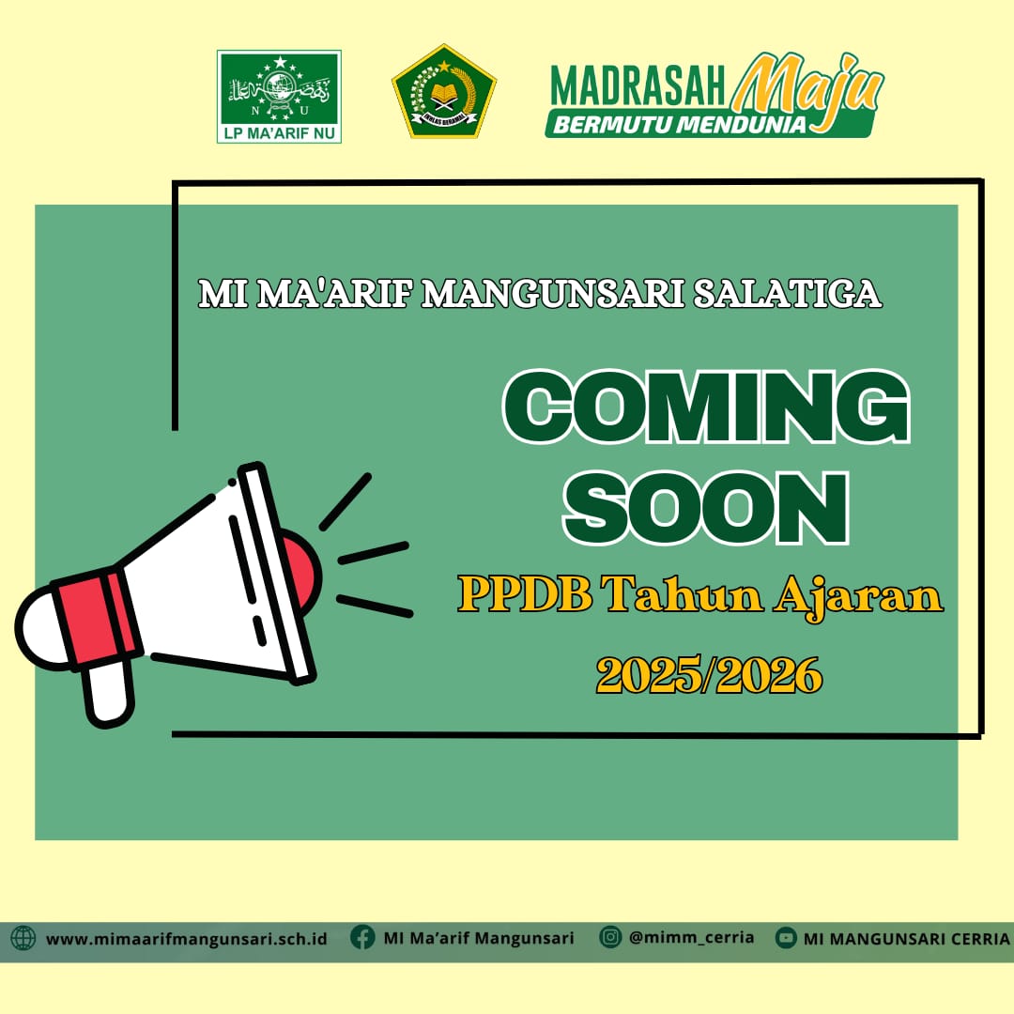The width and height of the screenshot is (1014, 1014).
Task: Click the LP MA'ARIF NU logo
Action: [x=279, y=96]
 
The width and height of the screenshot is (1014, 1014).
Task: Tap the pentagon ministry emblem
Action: [x=443, y=92]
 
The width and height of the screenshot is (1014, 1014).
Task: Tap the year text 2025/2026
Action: [x=710, y=673]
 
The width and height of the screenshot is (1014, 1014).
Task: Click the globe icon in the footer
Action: [x=23, y=938]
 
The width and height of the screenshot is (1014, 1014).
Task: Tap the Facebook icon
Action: [x=362, y=937]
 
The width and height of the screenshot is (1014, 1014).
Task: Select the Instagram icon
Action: [x=610, y=937]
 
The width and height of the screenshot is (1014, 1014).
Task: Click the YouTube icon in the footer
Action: [x=786, y=938]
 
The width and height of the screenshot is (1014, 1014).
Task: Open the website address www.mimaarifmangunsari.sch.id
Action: [x=186, y=938]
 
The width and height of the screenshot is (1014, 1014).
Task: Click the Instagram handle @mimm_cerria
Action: [x=691, y=937]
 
